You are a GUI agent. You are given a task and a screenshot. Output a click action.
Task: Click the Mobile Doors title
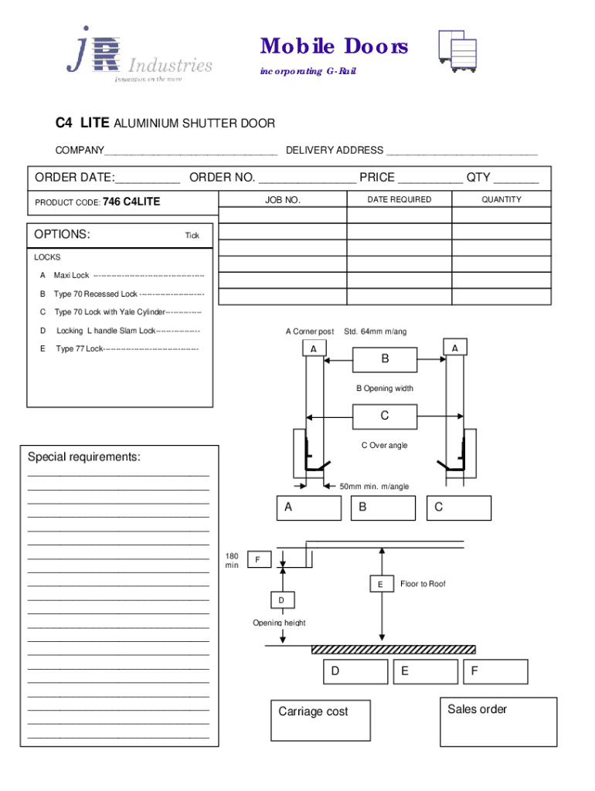click(x=334, y=47)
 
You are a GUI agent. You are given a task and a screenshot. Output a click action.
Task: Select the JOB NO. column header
click(x=282, y=200)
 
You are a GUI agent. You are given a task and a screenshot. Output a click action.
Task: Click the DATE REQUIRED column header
click(x=399, y=199)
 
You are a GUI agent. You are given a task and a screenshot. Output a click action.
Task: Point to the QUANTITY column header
click(x=501, y=199)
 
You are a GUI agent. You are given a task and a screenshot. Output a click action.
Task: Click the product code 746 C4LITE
click(x=131, y=202)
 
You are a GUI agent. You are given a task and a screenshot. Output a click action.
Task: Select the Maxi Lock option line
click(x=124, y=276)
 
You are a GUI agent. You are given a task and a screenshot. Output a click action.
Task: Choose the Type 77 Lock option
click(x=124, y=349)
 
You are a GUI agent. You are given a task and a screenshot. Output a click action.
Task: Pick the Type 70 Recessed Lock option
click(x=127, y=294)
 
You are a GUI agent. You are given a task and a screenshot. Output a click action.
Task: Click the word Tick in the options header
click(x=192, y=236)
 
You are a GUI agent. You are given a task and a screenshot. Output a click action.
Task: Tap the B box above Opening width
click(x=385, y=360)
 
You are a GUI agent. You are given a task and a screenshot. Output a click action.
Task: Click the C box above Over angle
click(x=385, y=417)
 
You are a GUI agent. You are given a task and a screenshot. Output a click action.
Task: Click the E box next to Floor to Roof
click(x=380, y=585)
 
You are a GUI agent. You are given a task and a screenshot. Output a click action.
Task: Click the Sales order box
click(x=498, y=721)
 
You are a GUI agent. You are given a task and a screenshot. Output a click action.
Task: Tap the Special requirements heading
click(x=84, y=457)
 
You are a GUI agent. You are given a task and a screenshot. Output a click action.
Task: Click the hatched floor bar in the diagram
click(x=393, y=650)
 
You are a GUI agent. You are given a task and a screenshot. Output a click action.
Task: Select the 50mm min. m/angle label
click(x=375, y=487)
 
